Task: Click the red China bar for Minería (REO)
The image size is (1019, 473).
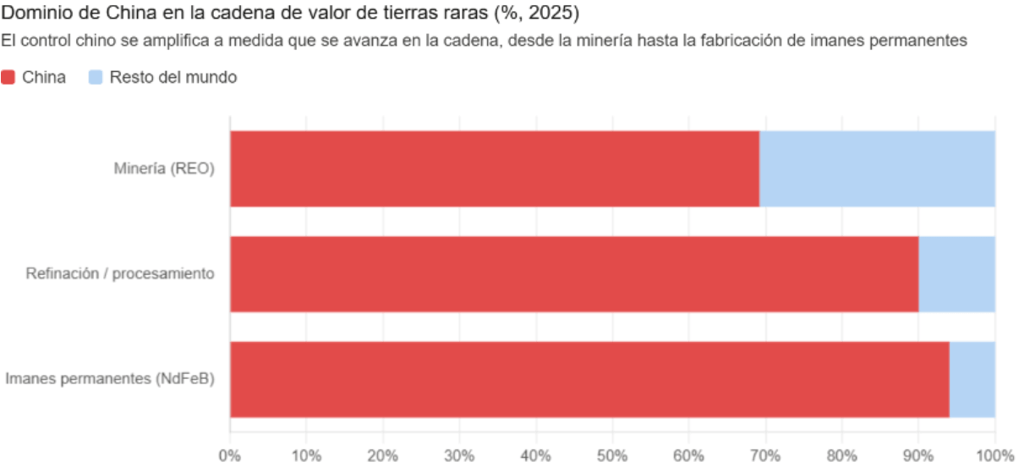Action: tap(495, 168)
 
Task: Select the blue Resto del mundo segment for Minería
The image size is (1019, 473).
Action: tap(877, 168)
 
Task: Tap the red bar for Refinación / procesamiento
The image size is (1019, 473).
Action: tap(574, 274)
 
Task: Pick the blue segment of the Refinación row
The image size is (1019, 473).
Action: tap(956, 274)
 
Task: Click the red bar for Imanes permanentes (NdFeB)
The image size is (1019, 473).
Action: tap(589, 379)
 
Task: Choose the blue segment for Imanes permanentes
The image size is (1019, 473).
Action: tap(972, 379)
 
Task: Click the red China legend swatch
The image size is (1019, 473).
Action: tap(8, 78)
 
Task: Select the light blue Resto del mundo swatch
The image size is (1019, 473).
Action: tap(95, 78)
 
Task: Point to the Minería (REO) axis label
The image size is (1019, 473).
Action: tap(164, 168)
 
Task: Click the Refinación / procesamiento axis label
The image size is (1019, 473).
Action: tap(120, 274)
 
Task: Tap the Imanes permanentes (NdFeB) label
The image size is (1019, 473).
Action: tap(110, 379)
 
